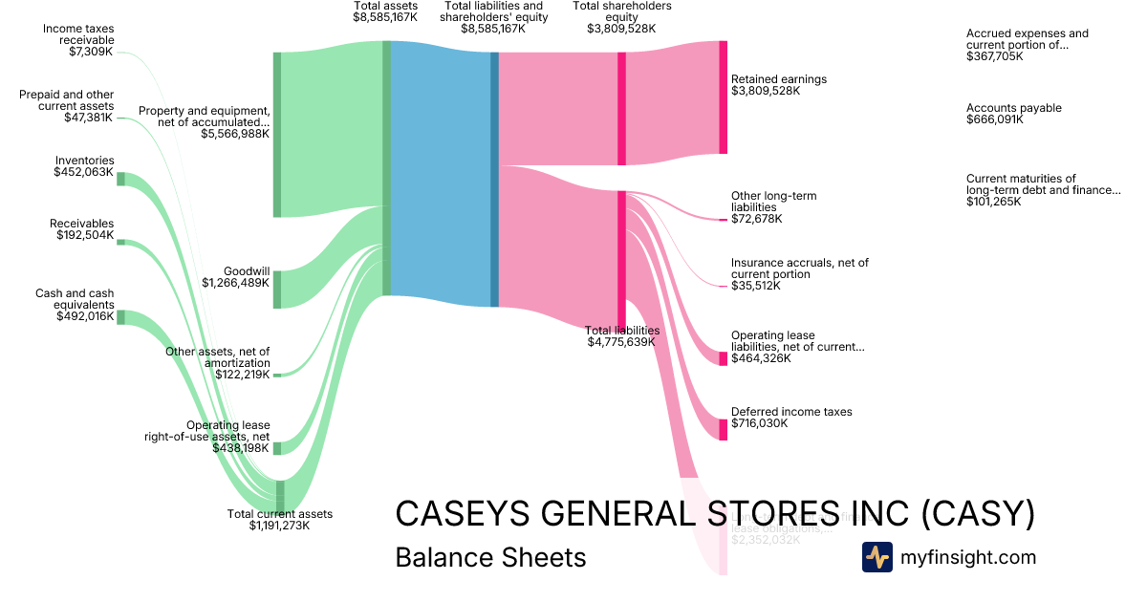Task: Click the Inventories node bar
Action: coord(120,179)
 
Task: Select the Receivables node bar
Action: coord(120,242)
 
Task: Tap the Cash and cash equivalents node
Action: coord(120,317)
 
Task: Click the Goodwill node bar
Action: coord(277,290)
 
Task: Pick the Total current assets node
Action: coord(280,496)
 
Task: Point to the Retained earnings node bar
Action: coord(723,97)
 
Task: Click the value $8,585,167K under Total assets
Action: coord(384,17)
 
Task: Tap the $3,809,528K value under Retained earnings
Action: coord(765,92)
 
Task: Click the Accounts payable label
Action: coord(1013,108)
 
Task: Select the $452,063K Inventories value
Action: coord(83,173)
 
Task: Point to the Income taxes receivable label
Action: coord(78,34)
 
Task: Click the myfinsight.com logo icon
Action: coord(876,557)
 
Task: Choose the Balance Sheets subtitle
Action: coord(490,557)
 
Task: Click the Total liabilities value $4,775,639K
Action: coord(621,342)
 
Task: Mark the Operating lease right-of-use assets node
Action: coord(277,448)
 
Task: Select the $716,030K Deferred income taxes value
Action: coord(759,423)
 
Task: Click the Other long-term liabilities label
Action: coord(773,202)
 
